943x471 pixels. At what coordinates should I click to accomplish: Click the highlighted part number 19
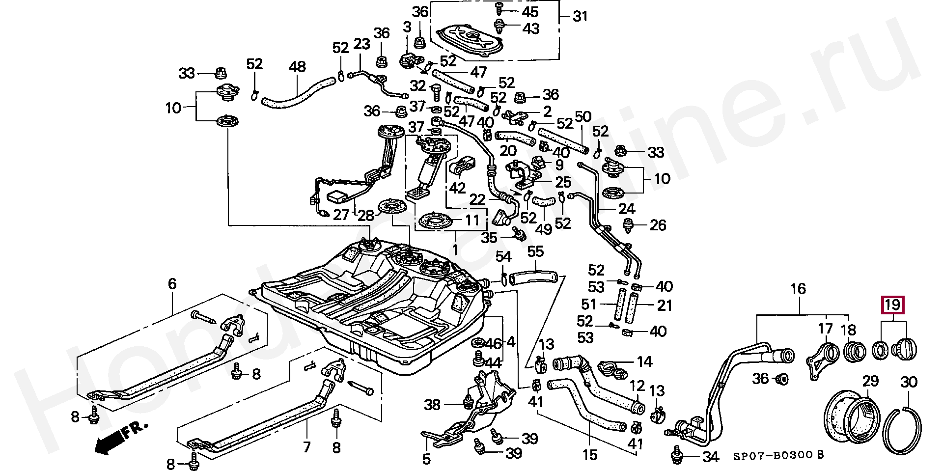coord(892,305)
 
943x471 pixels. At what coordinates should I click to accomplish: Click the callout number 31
coord(580,16)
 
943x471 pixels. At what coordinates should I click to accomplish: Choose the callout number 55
coord(535,252)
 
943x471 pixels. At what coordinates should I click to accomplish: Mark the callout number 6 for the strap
coord(172,283)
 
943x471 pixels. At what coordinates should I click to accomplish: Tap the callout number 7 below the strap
coord(306,447)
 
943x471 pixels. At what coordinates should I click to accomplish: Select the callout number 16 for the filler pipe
coord(798,289)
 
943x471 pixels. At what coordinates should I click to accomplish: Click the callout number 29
coord(870,381)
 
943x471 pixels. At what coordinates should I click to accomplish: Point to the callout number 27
coord(341,215)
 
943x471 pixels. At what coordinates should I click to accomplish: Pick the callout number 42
coord(457,188)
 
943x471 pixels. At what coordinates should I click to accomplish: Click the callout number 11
coord(472,220)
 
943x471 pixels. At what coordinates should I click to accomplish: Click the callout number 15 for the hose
coord(589,455)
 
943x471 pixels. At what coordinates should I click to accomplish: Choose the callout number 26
coord(658,225)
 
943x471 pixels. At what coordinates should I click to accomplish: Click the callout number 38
coord(432,405)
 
